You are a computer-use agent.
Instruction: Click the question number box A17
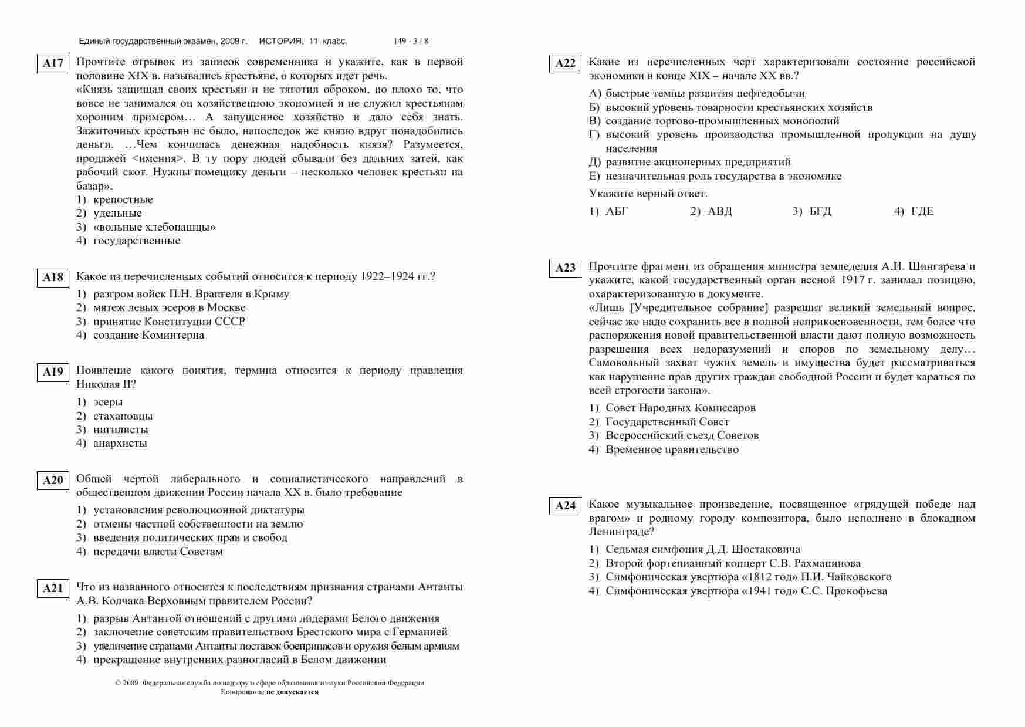(53, 63)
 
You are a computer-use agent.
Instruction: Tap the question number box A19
(53, 372)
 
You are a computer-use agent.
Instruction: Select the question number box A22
(565, 63)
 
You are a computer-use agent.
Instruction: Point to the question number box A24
(565, 506)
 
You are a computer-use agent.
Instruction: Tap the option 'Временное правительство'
(672, 449)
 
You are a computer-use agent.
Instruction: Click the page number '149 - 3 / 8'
(411, 41)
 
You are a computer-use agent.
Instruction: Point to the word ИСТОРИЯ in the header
(280, 41)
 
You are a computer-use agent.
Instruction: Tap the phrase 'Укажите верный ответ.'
(648, 194)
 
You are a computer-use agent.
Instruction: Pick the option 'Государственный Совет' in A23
(667, 422)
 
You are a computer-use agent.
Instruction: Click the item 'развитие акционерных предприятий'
(698, 162)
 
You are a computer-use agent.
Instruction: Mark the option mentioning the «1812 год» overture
(748, 577)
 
